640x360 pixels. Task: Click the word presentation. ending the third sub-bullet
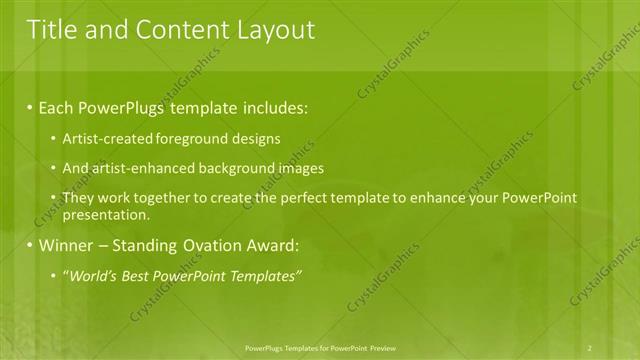click(106, 214)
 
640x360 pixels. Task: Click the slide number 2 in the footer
click(590, 347)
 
